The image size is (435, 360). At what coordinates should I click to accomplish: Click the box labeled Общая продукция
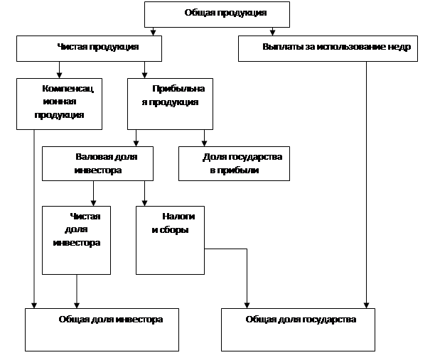217,14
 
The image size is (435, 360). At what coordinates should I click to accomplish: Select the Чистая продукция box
89,48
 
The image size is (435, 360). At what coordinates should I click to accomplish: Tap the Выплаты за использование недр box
328,48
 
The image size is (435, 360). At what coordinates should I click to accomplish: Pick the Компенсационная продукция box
60,104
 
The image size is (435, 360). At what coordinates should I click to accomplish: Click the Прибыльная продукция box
170,104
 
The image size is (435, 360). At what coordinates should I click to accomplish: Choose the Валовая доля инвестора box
97,163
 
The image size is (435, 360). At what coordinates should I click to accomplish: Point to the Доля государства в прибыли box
234,163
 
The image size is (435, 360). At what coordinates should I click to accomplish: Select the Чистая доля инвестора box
76,240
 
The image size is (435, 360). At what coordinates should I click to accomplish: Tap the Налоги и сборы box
170,240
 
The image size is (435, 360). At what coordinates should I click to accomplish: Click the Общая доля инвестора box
102,329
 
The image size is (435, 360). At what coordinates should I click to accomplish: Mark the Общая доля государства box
298,329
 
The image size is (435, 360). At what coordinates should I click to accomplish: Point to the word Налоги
178,216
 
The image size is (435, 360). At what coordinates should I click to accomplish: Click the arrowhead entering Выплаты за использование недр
272,33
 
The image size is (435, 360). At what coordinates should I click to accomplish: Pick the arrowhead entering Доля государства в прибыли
204,143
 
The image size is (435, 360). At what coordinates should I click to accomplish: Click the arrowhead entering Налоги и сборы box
144,203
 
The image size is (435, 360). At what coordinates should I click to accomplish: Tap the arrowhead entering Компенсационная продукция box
59,75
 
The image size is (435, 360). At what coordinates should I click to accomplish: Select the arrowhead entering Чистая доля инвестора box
93,203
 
